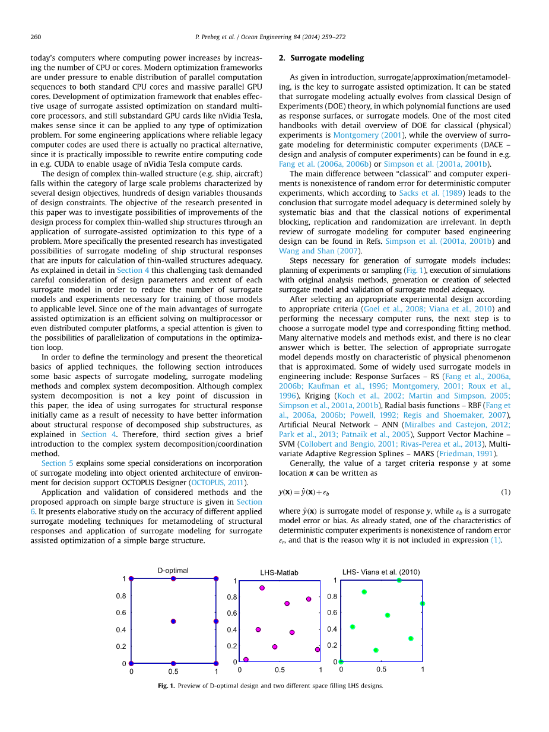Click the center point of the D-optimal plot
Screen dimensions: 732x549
[x=173, y=621]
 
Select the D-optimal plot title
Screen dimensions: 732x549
[x=173, y=571]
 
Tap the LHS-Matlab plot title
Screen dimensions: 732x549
[x=279, y=573]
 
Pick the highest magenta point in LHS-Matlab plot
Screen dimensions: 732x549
[x=262, y=588]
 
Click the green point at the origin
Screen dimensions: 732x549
[x=341, y=662]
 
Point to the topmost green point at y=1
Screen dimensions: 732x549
[x=399, y=580]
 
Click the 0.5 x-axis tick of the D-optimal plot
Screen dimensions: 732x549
[x=173, y=672]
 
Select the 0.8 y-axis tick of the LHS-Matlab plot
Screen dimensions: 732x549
[x=232, y=597]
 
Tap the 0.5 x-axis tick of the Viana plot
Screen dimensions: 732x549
[x=382, y=670]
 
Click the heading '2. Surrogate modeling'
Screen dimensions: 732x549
[x=321, y=58]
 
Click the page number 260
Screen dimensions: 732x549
[x=35, y=37]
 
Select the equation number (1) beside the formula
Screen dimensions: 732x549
[x=506, y=492]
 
